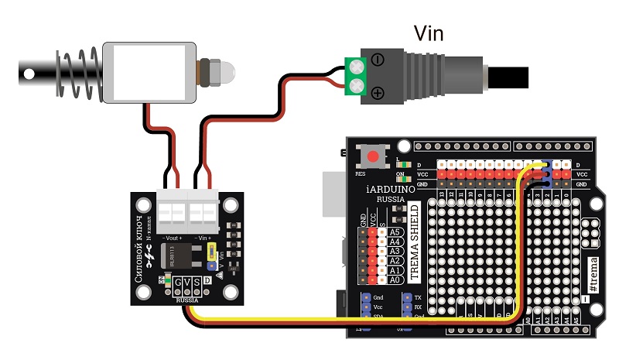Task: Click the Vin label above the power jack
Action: click(429, 33)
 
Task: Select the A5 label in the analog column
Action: click(395, 231)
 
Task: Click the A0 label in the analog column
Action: click(395, 279)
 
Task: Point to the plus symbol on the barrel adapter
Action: click(378, 93)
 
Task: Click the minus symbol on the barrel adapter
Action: click(377, 59)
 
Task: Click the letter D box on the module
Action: click(207, 281)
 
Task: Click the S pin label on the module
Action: click(197, 282)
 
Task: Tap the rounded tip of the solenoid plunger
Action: click(227, 70)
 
